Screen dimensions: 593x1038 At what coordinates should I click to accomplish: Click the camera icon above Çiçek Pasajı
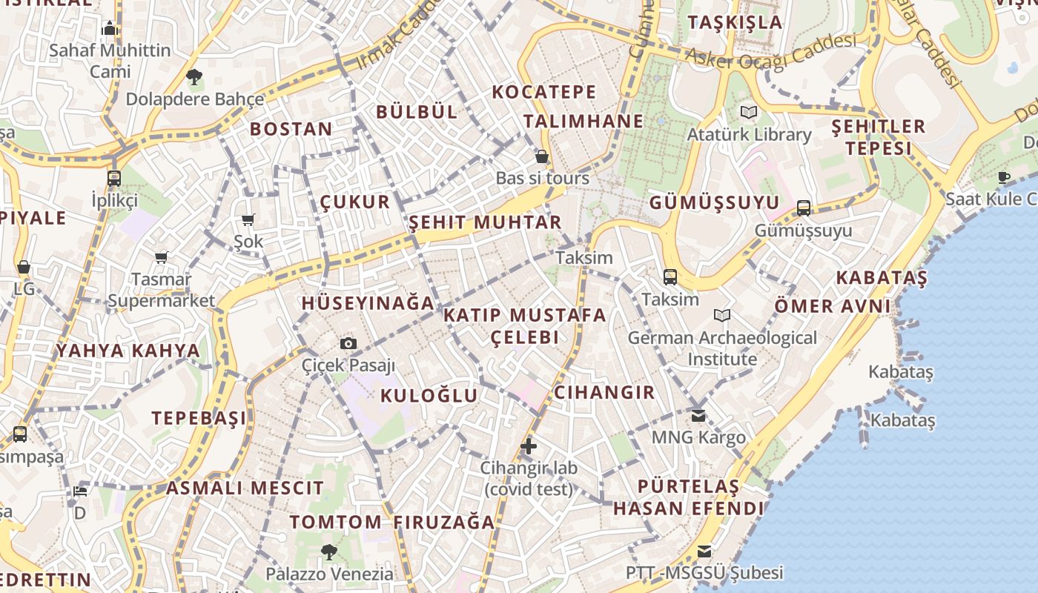point(348,343)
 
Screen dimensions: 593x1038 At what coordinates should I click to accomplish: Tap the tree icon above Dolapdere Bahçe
point(194,76)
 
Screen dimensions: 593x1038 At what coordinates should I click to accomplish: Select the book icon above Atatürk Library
point(749,113)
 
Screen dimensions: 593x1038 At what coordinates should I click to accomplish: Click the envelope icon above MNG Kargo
point(698,416)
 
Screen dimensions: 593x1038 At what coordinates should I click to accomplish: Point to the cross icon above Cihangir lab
point(528,446)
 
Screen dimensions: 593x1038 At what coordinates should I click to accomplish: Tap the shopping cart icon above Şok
point(248,219)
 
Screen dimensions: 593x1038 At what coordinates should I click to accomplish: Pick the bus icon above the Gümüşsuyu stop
point(804,208)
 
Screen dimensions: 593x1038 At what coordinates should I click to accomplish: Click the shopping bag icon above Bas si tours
point(542,156)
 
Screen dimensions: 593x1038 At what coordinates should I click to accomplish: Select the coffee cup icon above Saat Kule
point(1004,177)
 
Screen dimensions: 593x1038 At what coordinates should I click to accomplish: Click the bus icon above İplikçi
point(113,179)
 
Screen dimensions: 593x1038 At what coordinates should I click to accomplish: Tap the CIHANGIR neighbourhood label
point(604,392)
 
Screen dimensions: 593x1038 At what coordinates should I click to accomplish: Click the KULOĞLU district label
point(429,396)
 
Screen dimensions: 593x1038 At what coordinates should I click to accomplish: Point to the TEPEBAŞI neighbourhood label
point(199,418)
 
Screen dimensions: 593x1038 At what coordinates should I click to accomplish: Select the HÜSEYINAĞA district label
point(368,303)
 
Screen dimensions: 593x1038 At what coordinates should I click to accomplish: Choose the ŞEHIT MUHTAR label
point(485,222)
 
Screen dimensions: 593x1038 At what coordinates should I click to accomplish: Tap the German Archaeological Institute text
point(722,348)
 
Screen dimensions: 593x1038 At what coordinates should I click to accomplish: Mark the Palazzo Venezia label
point(330,574)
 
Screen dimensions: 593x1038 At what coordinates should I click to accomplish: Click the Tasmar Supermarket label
point(161,290)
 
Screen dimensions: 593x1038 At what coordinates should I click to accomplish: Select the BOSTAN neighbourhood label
point(291,129)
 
